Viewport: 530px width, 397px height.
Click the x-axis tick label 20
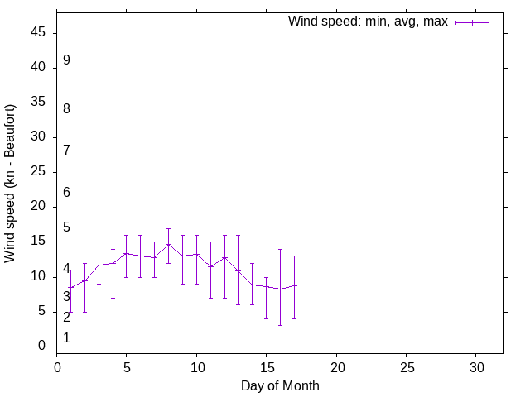tap(336, 366)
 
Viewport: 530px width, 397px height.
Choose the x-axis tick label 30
tap(476, 366)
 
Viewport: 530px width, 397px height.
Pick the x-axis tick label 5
tap(127, 366)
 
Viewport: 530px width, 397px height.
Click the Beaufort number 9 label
tap(66, 60)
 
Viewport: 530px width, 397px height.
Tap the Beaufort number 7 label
tap(66, 150)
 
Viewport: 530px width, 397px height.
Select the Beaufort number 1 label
tap(66, 337)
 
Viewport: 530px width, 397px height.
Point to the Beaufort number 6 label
tap(66, 192)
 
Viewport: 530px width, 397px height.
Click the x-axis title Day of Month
tap(280, 385)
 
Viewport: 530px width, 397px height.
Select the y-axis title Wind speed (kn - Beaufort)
tap(11, 184)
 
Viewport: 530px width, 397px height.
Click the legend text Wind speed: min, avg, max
tap(368, 22)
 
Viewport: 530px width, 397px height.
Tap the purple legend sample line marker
tap(472, 22)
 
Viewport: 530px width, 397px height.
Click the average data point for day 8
tap(168, 244)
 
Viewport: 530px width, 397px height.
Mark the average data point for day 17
tap(294, 285)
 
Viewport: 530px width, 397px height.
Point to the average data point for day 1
tap(70, 288)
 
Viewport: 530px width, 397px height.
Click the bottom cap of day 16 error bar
tap(280, 325)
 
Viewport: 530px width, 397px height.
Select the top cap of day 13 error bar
tap(238, 235)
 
